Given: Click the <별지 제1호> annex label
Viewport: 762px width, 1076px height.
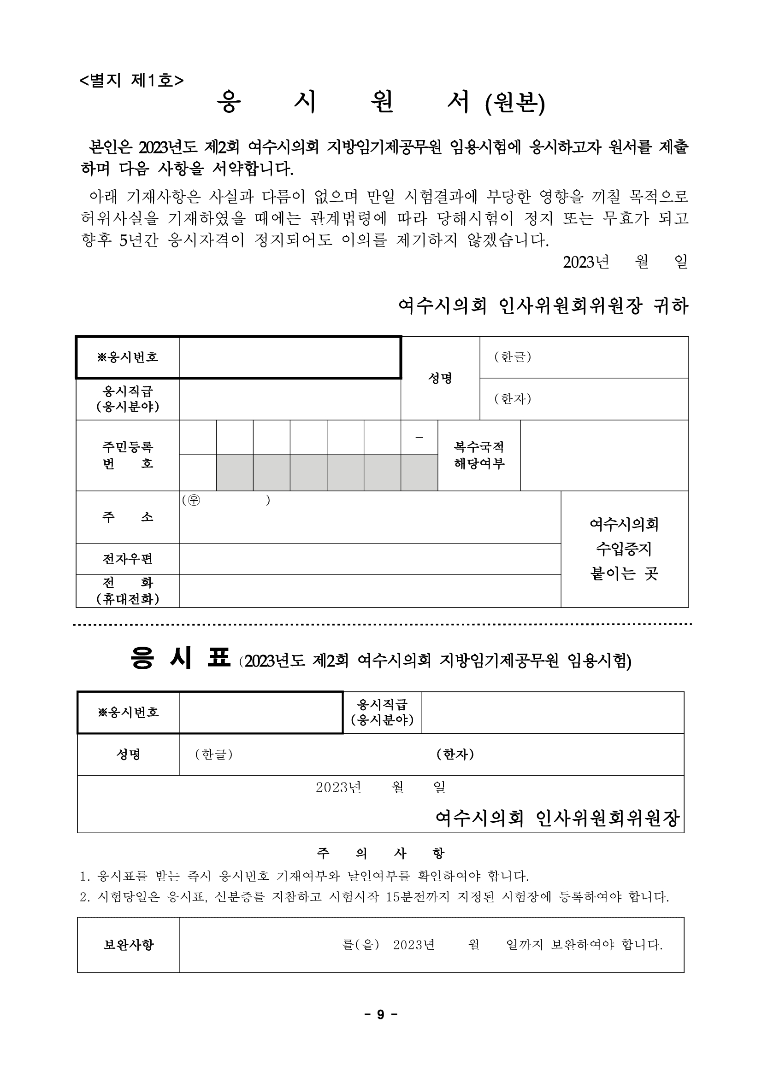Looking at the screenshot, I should point(131,81).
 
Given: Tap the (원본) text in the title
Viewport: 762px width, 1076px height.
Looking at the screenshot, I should point(515,104).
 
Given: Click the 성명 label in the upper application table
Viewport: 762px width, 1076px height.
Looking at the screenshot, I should point(440,378).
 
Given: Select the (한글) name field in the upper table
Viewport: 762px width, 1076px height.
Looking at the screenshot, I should point(583,357).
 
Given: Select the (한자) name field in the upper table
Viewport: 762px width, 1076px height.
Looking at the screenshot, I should point(583,399).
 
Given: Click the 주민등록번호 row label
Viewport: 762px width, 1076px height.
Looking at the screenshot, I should point(128,455).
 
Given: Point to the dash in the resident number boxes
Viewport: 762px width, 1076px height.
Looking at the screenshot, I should point(419,438).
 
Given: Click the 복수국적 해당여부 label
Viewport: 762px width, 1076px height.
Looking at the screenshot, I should point(478,455).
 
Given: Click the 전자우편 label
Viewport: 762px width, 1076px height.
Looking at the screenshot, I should point(128,559).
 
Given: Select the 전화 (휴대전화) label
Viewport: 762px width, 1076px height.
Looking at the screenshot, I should point(128,591).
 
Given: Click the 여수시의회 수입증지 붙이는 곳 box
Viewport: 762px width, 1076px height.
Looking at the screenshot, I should point(624,549).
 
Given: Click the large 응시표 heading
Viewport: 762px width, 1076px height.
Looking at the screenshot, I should point(181,658).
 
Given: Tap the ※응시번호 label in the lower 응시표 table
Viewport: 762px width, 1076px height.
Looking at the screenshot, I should point(129,712).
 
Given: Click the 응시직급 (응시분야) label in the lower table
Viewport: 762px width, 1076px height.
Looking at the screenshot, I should point(382,712).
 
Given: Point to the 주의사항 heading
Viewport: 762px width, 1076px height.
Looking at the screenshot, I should point(380,853).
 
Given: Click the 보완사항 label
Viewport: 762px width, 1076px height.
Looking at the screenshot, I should point(129,945).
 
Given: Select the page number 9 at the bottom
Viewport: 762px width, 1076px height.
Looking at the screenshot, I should point(380,1014).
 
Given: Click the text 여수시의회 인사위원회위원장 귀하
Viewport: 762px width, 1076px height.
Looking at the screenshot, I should point(543,306).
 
